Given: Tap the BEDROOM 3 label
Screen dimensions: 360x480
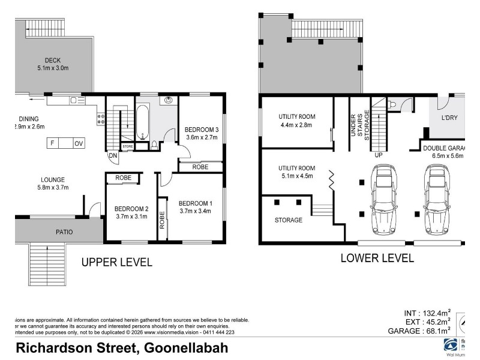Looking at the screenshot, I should [x=201, y=130].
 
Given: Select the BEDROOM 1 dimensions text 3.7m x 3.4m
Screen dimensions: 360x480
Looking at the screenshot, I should [x=195, y=211].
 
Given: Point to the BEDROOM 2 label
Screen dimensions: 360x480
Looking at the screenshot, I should [x=131, y=209].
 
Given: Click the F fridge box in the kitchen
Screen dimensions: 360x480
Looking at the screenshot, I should [x=53, y=143].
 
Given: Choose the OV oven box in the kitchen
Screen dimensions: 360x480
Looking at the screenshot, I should [x=79, y=143].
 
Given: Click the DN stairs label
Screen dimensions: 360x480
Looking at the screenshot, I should [x=113, y=156].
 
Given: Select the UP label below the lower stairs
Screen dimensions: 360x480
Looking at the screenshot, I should [x=378, y=155].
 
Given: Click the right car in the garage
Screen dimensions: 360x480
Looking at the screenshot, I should [x=437, y=200].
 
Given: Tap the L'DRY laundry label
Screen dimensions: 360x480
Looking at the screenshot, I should [x=449, y=118].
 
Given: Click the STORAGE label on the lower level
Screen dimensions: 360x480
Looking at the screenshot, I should [x=289, y=220].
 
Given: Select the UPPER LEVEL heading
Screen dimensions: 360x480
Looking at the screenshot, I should [x=116, y=262].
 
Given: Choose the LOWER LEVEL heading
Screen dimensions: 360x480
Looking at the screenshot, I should [x=377, y=259].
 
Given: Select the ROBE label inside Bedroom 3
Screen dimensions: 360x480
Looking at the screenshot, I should [x=200, y=167].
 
